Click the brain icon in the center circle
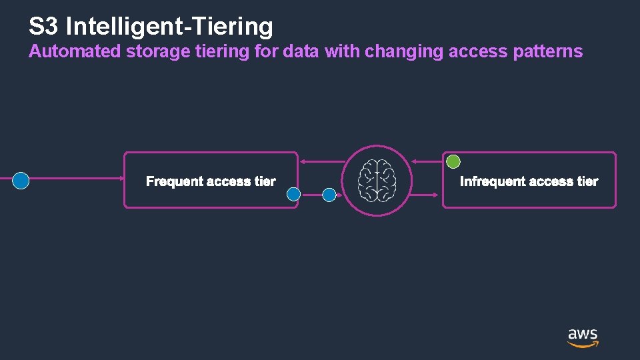click(377, 181)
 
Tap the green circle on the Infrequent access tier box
click(453, 161)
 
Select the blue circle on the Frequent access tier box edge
click(294, 194)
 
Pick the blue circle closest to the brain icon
click(329, 195)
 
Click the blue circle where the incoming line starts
click(21, 181)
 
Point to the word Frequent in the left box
click(175, 181)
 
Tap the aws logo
click(583, 337)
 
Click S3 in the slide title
click(44, 27)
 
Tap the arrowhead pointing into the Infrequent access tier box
click(439, 194)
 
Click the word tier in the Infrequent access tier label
click(587, 181)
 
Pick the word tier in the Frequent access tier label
click(265, 181)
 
